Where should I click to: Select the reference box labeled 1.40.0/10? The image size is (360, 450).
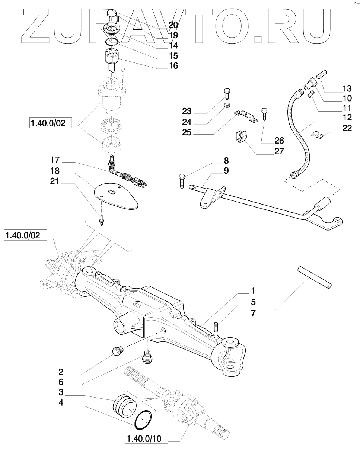pyautogui.click(x=146, y=438)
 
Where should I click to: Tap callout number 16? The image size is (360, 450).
pyautogui.click(x=173, y=66)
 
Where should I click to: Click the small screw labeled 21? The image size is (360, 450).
pyautogui.click(x=101, y=221)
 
